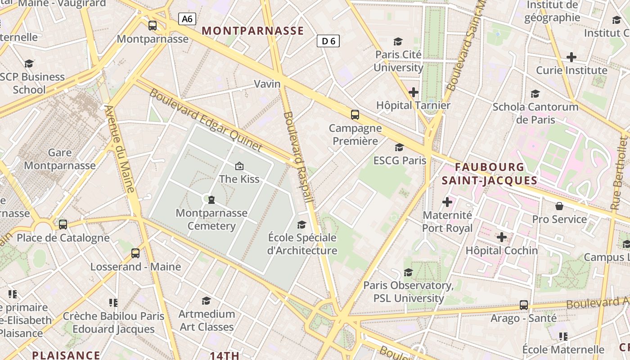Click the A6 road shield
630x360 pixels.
click(187, 19)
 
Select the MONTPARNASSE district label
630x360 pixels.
click(253, 31)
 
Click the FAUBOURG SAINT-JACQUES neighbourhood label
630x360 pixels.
click(490, 174)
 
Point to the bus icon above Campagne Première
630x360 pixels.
click(355, 115)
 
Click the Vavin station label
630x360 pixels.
click(267, 84)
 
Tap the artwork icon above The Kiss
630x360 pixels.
click(239, 166)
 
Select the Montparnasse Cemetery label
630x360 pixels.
click(211, 219)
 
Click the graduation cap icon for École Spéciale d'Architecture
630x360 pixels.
click(302, 224)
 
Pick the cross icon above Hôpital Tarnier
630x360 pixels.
click(413, 92)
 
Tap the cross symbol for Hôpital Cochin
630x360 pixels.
click(502, 237)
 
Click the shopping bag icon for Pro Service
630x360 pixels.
click(559, 206)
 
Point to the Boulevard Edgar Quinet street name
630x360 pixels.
click(205, 120)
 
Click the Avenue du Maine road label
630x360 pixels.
click(120, 149)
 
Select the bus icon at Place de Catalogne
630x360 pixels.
click(63, 224)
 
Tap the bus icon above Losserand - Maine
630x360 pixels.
click(135, 253)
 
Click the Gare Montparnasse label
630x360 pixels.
click(60, 159)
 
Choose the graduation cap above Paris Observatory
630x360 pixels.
click(408, 272)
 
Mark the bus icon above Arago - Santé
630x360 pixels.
click(524, 305)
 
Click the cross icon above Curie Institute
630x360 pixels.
click(571, 57)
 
